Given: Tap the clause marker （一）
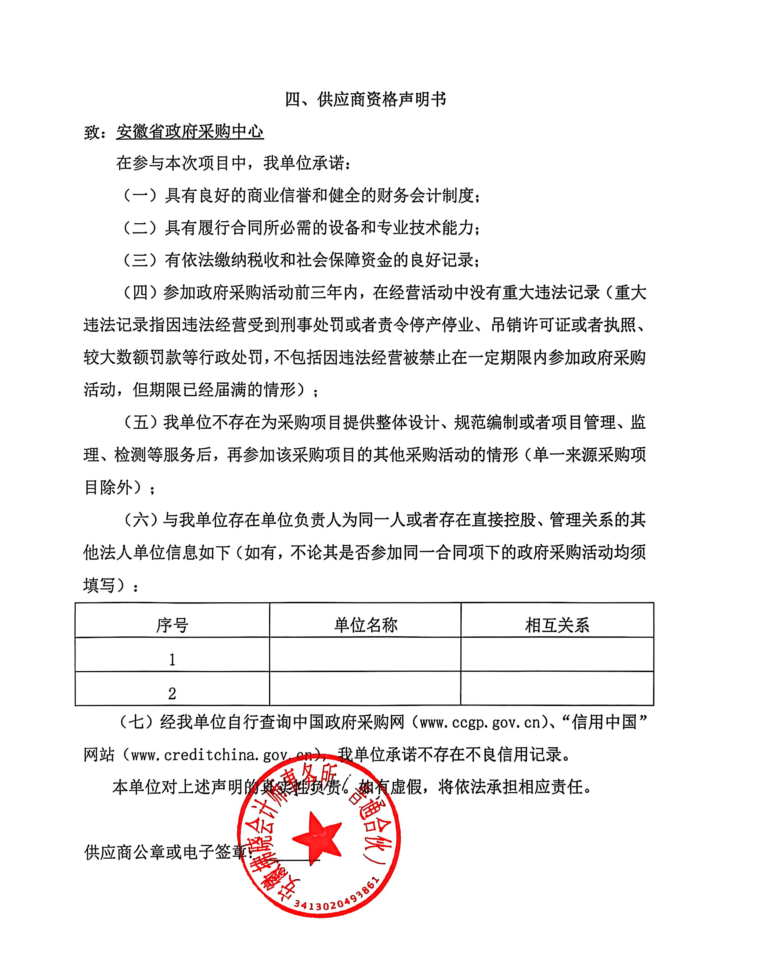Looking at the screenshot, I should point(140,196).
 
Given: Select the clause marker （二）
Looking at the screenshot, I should point(140,228).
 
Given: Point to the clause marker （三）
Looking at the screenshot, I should point(140,260).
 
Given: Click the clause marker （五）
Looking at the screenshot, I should point(140,422).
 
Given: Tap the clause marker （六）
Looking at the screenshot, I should point(140,520).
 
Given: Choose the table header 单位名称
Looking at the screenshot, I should point(365,625).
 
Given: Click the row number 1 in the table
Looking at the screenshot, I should point(172,660).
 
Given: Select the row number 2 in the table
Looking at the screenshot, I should point(172,694).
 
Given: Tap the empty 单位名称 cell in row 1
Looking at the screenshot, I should point(365,655).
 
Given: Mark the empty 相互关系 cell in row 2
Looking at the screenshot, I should point(557,688).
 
